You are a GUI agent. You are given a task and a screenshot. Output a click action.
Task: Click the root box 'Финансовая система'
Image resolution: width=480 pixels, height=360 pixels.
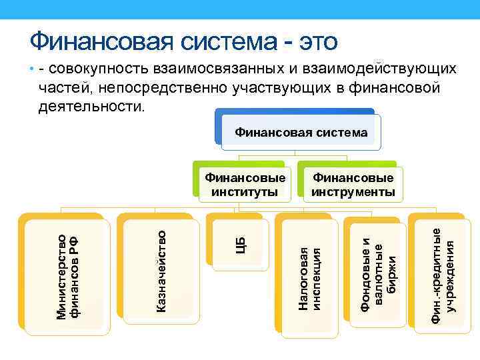coord(301,133)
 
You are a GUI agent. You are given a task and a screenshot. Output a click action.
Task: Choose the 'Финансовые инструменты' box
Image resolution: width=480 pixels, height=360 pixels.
coord(353,185)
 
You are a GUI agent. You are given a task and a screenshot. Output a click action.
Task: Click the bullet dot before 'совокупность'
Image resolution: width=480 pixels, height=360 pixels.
coord(31,69)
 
